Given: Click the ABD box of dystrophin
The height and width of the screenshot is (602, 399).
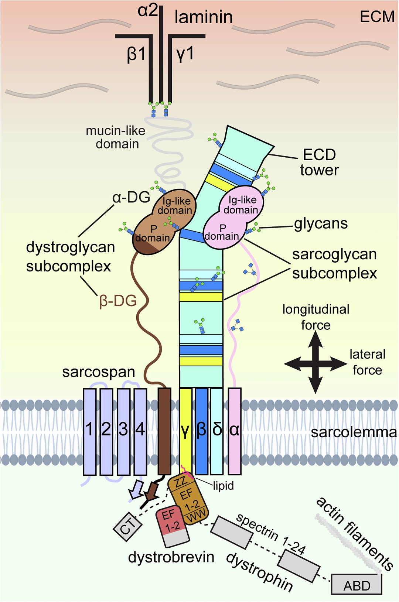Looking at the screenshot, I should [357, 584].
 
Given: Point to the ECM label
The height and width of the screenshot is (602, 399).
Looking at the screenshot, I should [377, 17].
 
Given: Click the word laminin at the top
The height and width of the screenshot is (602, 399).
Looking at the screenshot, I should [204, 17].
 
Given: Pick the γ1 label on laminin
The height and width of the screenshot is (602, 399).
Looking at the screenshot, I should [185, 54].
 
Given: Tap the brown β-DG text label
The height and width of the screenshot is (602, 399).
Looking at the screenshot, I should [118, 301].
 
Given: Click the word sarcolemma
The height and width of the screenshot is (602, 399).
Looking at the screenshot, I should [354, 432].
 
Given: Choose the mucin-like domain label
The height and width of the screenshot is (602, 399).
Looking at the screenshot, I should [116, 137].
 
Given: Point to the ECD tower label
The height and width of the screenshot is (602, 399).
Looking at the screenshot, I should [319, 163].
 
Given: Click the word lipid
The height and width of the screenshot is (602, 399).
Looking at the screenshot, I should [224, 486].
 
